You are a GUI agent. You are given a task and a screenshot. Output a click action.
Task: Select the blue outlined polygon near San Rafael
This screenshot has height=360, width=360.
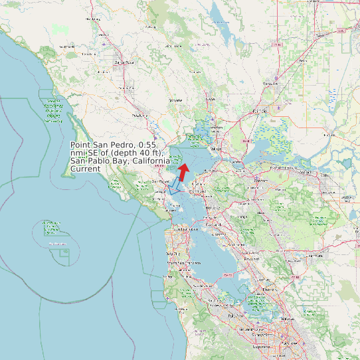(x=175, y=186)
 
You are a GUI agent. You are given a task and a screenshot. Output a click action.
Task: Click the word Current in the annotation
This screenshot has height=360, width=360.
(x=86, y=169)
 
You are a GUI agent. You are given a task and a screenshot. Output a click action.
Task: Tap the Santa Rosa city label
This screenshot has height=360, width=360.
(x=120, y=62)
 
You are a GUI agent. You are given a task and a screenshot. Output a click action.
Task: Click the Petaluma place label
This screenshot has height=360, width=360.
(x=139, y=115)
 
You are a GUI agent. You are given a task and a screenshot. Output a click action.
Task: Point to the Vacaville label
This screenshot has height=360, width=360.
(x=270, y=84)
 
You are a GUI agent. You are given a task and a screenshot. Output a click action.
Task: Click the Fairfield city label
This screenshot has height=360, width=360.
(x=260, y=111)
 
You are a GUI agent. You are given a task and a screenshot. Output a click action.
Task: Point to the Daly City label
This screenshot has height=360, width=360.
(x=175, y=254)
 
